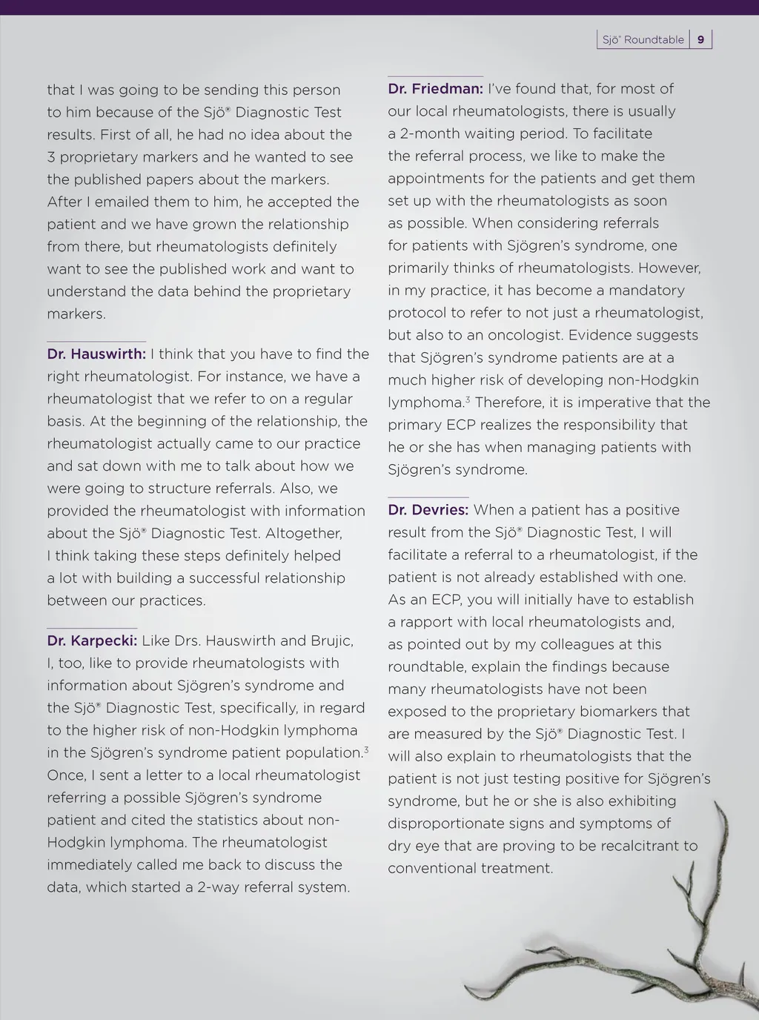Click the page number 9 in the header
(x=700, y=40)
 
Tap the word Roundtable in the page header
(x=654, y=40)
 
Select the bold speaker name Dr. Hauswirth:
(x=96, y=354)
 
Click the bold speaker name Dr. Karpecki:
(x=92, y=641)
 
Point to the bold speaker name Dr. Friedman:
(x=435, y=89)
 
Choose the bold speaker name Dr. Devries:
(x=428, y=510)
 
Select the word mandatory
(x=639, y=291)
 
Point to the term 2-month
(x=424, y=134)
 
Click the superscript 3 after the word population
(x=366, y=750)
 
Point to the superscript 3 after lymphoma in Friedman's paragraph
(x=468, y=400)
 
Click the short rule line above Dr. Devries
(x=428, y=497)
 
